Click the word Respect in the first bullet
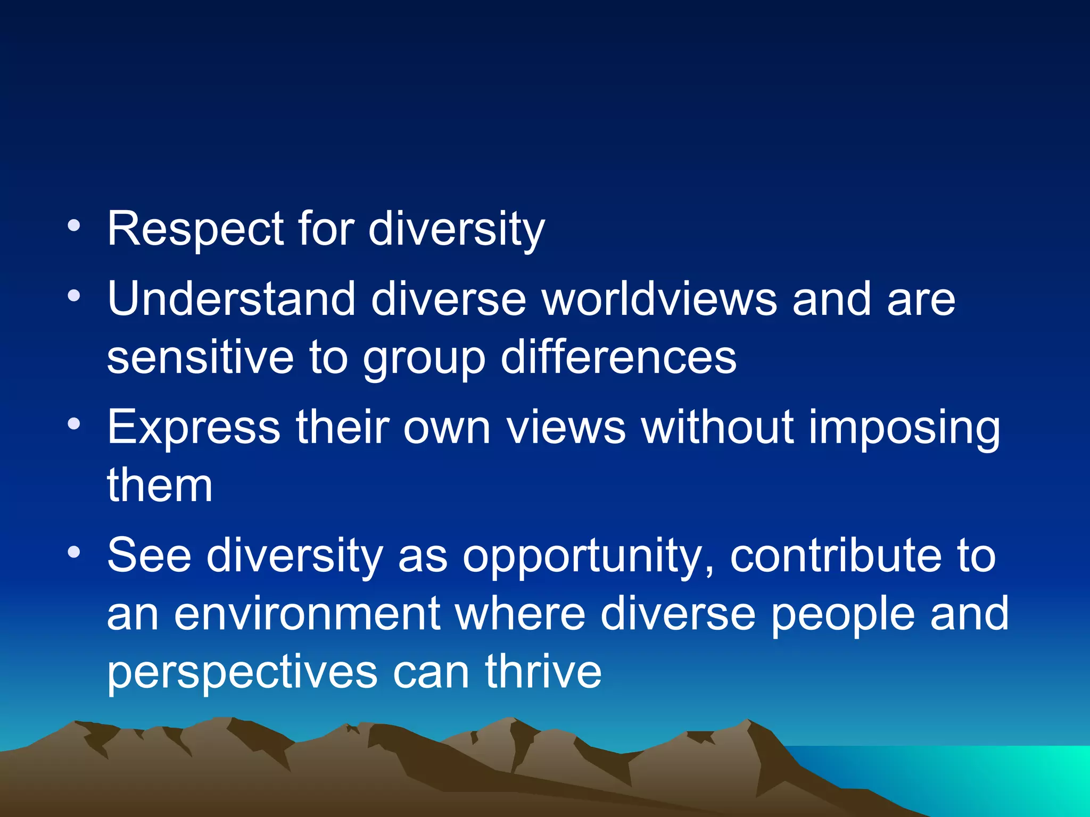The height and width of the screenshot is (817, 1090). pos(195,230)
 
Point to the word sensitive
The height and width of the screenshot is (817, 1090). pos(200,357)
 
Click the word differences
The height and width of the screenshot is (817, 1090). pos(618,357)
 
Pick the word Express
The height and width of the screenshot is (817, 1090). pos(194,428)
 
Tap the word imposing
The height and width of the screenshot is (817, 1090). pos(904,428)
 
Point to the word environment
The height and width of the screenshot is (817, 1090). pos(307,614)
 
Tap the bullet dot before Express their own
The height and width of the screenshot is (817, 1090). pos(74,424)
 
